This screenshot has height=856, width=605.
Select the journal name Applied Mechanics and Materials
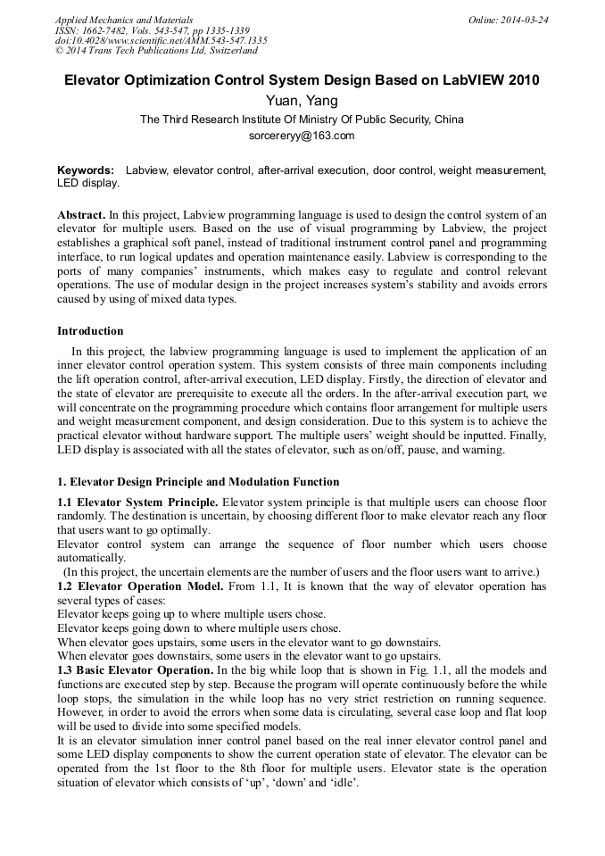click(124, 20)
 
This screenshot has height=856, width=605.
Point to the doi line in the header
click(161, 41)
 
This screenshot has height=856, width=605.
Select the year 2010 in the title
click(522, 79)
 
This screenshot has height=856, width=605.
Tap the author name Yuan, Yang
click(302, 100)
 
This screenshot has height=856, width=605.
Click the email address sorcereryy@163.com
click(302, 136)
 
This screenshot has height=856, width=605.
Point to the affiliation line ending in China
click(302, 119)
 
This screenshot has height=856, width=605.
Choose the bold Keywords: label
click(86, 170)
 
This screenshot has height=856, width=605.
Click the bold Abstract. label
click(81, 215)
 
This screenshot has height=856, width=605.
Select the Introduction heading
click(90, 330)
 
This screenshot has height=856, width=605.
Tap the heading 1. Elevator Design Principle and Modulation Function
click(198, 481)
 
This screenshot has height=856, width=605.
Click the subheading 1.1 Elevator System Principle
click(137, 502)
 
